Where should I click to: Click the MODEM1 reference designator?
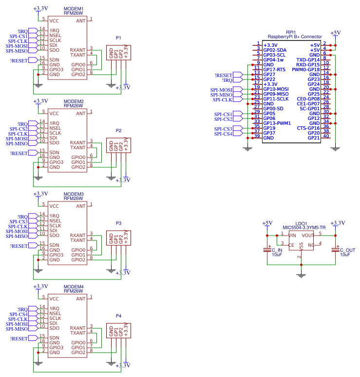[74, 9]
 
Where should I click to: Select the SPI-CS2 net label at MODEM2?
[19, 129]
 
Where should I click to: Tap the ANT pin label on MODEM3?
[80, 206]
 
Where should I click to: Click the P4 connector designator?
[118, 316]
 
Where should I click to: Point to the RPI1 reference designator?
[291, 31]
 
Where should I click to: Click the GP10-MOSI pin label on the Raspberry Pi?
[276, 89]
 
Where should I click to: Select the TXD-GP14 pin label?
[308, 60]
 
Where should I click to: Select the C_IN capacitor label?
[277, 249]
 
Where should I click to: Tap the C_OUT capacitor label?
[347, 249]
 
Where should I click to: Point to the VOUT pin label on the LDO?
[308, 235]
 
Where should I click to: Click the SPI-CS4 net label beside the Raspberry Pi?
[223, 134]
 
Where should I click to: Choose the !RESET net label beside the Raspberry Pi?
[223, 75]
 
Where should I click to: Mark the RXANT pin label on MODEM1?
[77, 50]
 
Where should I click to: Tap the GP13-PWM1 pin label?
[277, 123]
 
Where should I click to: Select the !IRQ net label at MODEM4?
[22, 309]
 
